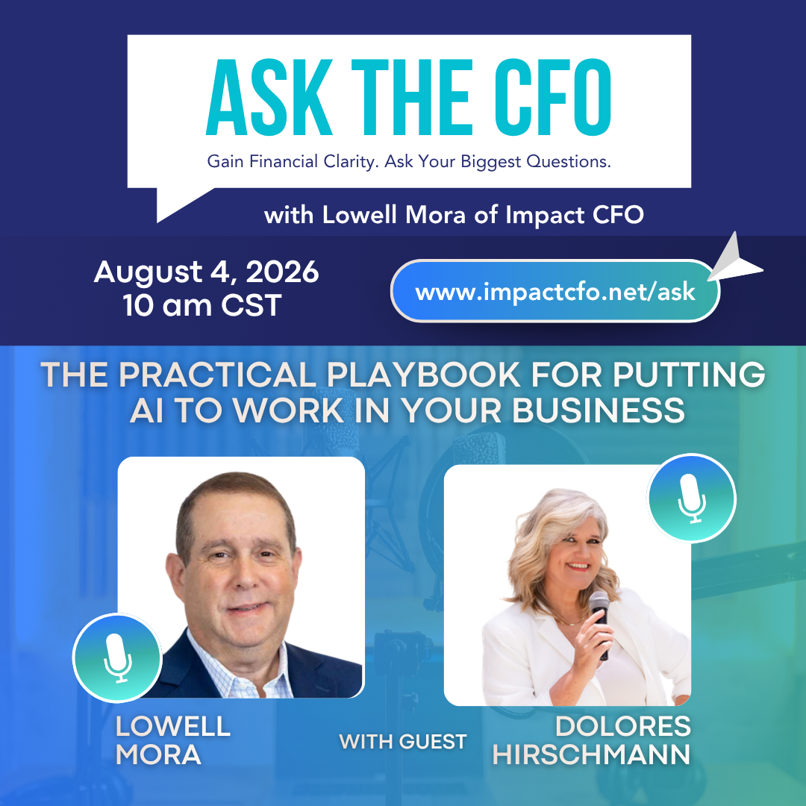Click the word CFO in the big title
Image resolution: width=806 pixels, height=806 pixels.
tap(553, 97)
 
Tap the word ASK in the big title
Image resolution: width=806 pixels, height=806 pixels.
tap(269, 97)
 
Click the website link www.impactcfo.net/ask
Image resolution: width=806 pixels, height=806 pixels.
tap(555, 292)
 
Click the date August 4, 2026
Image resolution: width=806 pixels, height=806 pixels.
tap(206, 272)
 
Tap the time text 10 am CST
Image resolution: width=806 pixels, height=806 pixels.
tap(202, 305)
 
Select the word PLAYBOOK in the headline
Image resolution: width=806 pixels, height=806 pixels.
tap(423, 374)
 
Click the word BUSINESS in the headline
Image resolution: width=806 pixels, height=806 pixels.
tap(599, 410)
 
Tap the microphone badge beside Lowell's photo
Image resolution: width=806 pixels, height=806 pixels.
tap(118, 658)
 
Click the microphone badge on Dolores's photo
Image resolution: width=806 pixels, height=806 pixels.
tap(691, 498)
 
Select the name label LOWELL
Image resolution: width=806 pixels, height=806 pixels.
tap(172, 726)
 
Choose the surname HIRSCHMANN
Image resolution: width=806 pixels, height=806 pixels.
tap(591, 755)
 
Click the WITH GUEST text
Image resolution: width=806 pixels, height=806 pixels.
tap(402, 742)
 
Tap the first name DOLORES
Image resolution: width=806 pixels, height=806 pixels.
tap(623, 726)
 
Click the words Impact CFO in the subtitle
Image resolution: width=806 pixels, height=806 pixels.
tap(574, 215)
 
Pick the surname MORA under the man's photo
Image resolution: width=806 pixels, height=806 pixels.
tap(158, 755)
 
